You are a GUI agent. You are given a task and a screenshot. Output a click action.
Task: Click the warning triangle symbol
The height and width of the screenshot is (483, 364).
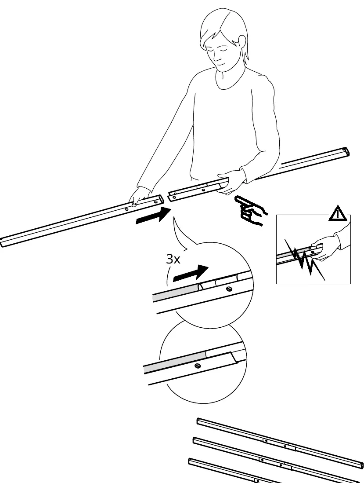[x=338, y=213]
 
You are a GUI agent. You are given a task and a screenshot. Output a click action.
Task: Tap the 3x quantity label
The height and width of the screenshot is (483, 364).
[x=173, y=259]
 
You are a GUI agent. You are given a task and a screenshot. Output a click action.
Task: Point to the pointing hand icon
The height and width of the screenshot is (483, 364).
[x=251, y=210]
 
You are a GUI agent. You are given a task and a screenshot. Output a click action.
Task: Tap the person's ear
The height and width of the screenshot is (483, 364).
[x=242, y=42]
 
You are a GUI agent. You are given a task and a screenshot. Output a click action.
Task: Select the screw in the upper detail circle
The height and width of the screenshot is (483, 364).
[x=228, y=289]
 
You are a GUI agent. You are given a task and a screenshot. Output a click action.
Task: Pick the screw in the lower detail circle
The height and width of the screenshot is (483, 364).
[x=198, y=366]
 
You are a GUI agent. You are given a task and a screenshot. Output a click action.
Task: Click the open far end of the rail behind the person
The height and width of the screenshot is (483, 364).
[x=346, y=152]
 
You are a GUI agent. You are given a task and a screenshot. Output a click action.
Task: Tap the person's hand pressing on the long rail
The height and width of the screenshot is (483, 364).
[x=138, y=197]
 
